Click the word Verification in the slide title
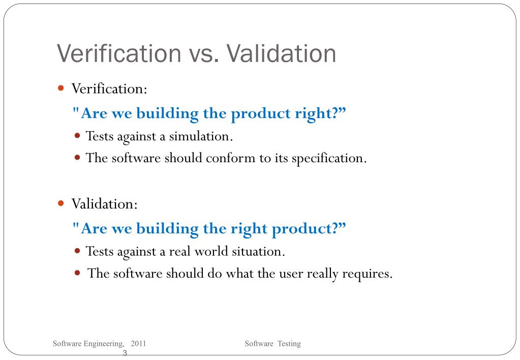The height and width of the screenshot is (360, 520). [118, 54]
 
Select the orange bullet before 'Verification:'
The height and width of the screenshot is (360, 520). [61, 88]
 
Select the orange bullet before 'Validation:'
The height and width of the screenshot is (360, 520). [61, 203]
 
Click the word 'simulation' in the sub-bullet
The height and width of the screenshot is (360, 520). [201, 136]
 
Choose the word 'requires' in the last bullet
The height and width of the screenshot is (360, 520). [367, 274]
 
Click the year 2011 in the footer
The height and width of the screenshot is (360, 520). [138, 344]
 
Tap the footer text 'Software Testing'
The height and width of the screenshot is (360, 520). [272, 344]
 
